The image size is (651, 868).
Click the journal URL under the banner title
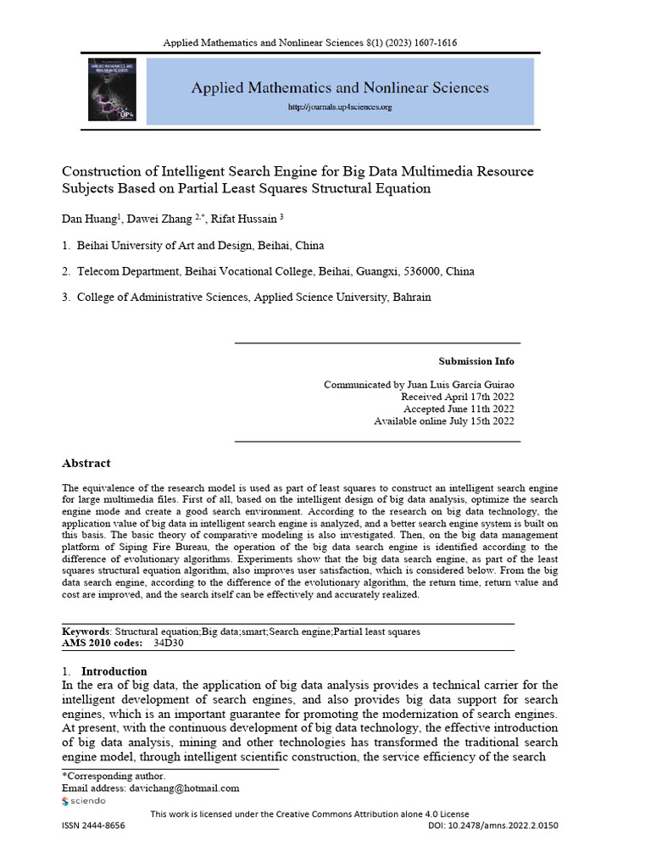coord(340,108)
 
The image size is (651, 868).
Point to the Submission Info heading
coord(476,361)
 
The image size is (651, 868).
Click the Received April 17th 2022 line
coord(457,397)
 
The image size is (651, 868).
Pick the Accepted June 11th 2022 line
coord(458,409)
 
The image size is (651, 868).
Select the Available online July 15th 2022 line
coord(443,421)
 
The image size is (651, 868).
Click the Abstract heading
coord(86,464)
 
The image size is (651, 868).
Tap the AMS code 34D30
coord(168,643)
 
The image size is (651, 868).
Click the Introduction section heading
coord(114,671)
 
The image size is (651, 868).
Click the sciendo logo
coord(84,801)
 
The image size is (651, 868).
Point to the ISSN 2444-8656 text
coord(93,826)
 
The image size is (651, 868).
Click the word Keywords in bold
coord(86,632)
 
